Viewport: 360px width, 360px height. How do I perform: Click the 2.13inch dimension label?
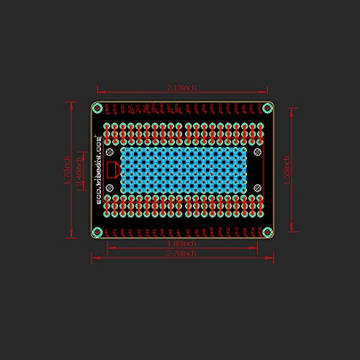181,88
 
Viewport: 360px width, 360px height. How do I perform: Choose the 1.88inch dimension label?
181,244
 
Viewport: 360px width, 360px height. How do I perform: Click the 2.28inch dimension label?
181,253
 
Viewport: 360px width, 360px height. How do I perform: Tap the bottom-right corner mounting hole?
268,232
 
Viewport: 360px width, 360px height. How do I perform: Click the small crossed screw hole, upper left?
109,152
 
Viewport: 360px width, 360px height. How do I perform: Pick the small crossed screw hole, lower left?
109,188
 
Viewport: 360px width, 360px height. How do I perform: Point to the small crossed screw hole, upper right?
256,152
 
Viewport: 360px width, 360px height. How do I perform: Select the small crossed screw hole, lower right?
256,188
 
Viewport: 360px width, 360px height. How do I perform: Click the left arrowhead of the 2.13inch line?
99,91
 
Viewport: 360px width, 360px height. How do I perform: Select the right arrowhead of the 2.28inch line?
272,257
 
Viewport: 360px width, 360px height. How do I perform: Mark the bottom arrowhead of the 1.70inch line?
71,235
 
